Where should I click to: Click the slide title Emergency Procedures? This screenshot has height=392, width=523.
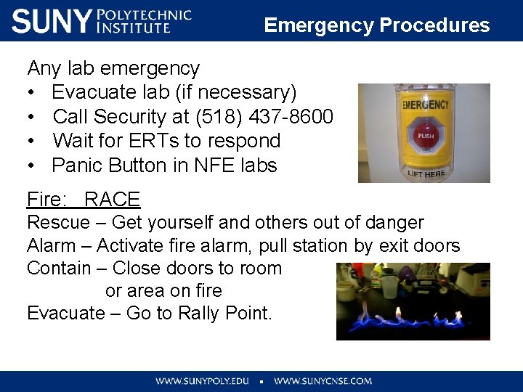[376, 25]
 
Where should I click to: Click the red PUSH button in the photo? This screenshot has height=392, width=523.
[425, 136]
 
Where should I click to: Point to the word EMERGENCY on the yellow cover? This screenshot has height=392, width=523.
[426, 105]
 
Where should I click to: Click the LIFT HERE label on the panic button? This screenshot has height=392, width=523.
[426, 174]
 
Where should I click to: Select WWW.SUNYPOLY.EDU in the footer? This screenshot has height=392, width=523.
[201, 380]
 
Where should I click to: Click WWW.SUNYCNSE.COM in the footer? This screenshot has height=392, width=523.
[323, 380]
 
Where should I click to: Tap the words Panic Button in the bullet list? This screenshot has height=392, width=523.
[109, 166]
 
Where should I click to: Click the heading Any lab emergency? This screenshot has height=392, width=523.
[113, 68]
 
